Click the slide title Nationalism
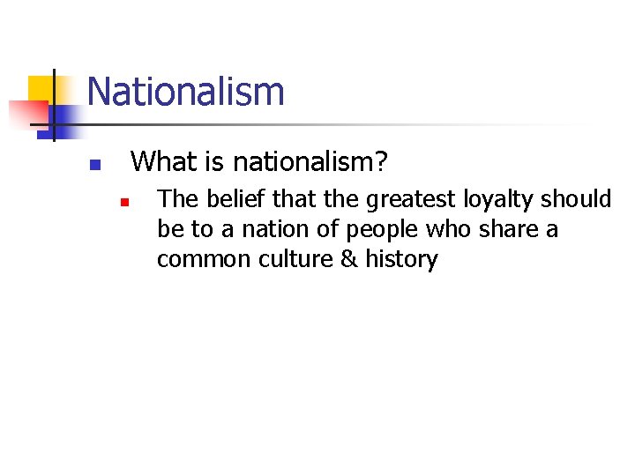(185, 92)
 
